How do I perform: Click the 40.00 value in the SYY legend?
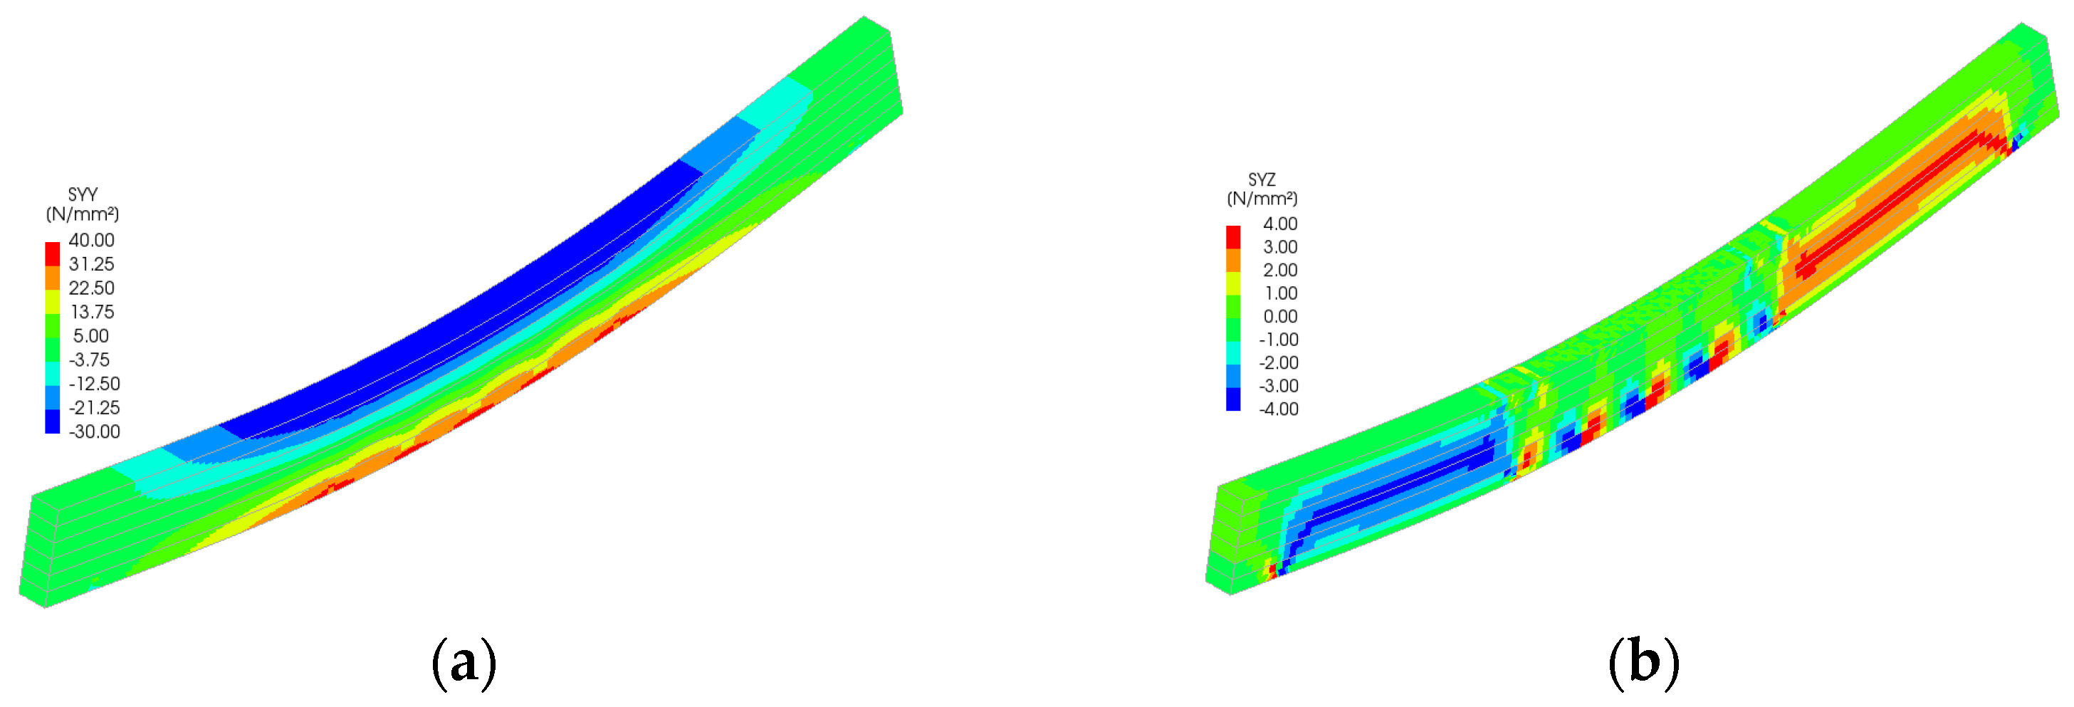click(x=91, y=240)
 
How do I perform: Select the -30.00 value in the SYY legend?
click(x=94, y=431)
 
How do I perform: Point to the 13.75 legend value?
click(x=91, y=312)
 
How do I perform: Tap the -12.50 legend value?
click(x=94, y=383)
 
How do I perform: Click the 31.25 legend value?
click(x=91, y=264)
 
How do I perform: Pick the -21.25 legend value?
click(x=94, y=407)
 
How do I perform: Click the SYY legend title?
click(x=83, y=195)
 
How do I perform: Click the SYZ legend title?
click(x=1262, y=179)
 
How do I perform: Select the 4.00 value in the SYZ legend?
click(x=1280, y=224)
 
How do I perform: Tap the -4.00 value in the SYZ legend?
click(x=1279, y=409)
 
